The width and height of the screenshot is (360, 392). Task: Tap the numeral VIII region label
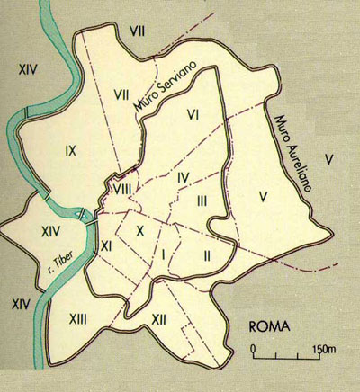click(x=121, y=189)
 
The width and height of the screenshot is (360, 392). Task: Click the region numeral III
click(x=202, y=200)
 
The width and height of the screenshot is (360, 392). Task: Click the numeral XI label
click(x=105, y=245)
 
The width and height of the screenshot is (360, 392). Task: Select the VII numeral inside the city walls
click(x=123, y=93)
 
